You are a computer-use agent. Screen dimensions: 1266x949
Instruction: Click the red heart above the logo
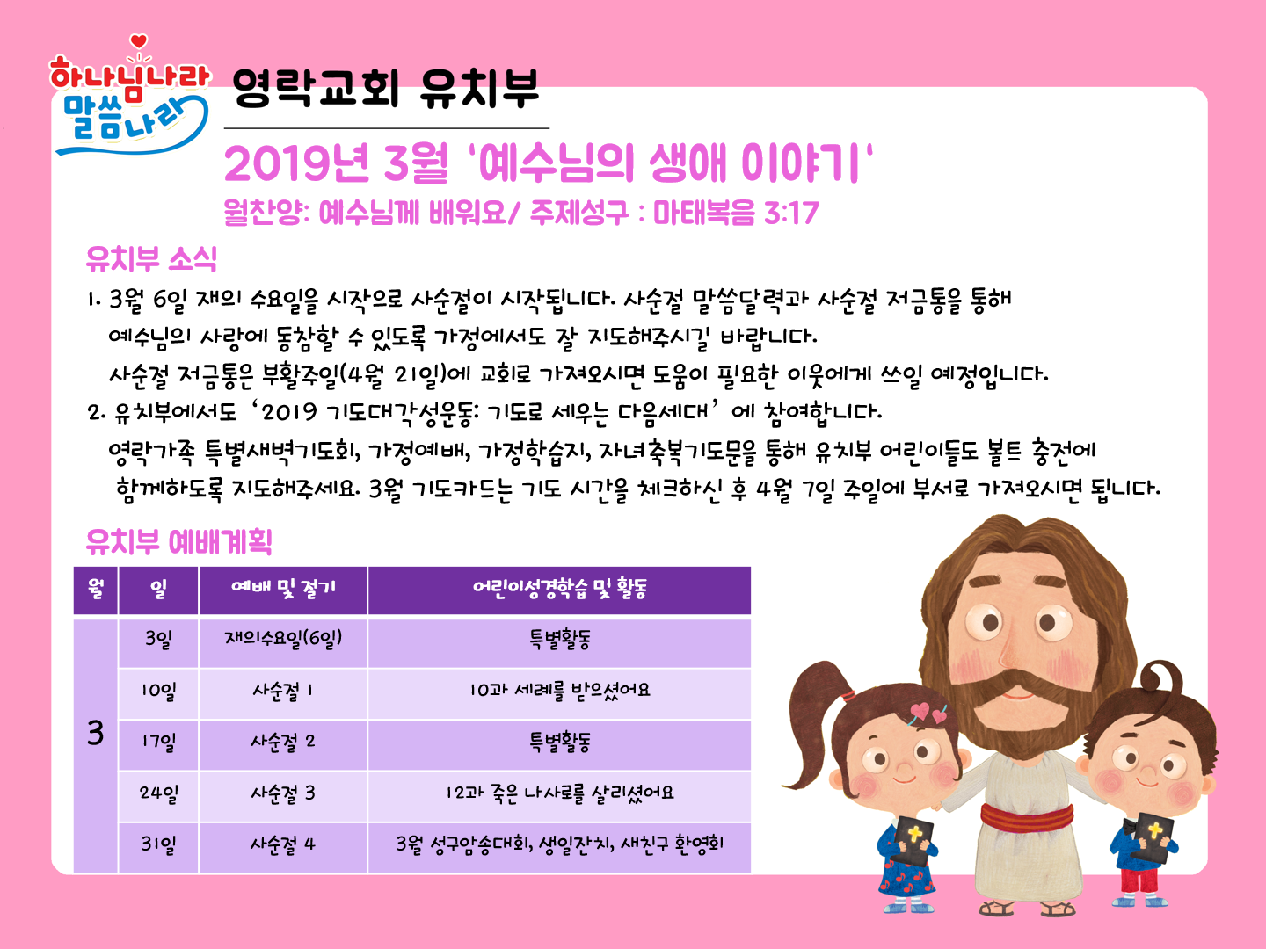[x=138, y=41]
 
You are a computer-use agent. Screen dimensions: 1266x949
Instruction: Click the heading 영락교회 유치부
[x=385, y=89]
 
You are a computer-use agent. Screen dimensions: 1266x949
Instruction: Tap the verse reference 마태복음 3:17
[x=735, y=213]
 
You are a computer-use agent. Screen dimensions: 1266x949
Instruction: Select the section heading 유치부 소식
[x=151, y=258]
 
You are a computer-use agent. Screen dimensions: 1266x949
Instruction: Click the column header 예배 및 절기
[x=283, y=588]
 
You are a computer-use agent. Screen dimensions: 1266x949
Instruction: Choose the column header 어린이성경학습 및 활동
[x=559, y=589]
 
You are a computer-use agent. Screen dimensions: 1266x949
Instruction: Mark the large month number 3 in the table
[x=95, y=734]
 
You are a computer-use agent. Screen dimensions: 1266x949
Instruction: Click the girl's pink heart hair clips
[x=928, y=714]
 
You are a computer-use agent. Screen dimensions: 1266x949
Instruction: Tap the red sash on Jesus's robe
[x=1027, y=820]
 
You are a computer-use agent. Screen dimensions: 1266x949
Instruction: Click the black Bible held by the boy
[x=1153, y=836]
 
